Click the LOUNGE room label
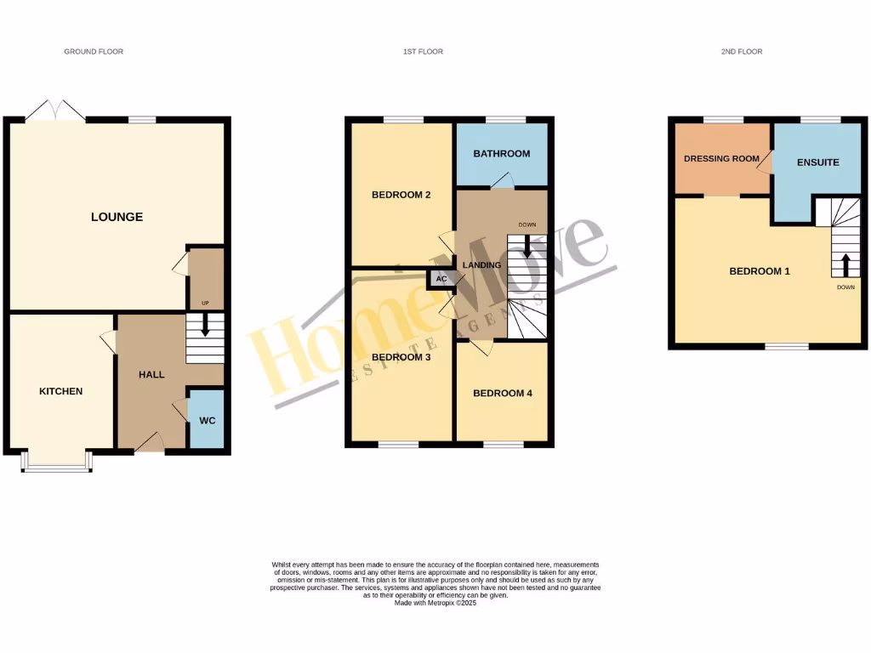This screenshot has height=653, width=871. click(117, 217)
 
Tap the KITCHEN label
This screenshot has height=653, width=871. click(61, 391)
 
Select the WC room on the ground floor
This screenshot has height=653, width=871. click(207, 420)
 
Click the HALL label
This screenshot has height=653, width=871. click(151, 374)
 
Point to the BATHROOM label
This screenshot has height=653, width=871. click(501, 154)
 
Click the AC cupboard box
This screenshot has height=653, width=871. click(441, 279)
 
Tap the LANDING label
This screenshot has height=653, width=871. click(481, 265)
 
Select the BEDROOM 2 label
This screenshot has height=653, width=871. click(401, 195)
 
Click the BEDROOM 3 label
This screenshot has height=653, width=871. click(401, 357)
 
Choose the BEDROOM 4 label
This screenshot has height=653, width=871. click(502, 393)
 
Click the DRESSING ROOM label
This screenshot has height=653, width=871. click(721, 158)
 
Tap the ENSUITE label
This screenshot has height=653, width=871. click(817, 162)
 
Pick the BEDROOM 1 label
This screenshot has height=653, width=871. click(760, 271)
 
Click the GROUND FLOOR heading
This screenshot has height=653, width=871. click(94, 52)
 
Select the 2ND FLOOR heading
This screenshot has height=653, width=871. click(741, 52)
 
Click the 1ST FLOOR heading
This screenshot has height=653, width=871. click(423, 52)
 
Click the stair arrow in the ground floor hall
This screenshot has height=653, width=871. click(204, 327)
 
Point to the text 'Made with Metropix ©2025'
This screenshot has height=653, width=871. click(435, 603)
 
